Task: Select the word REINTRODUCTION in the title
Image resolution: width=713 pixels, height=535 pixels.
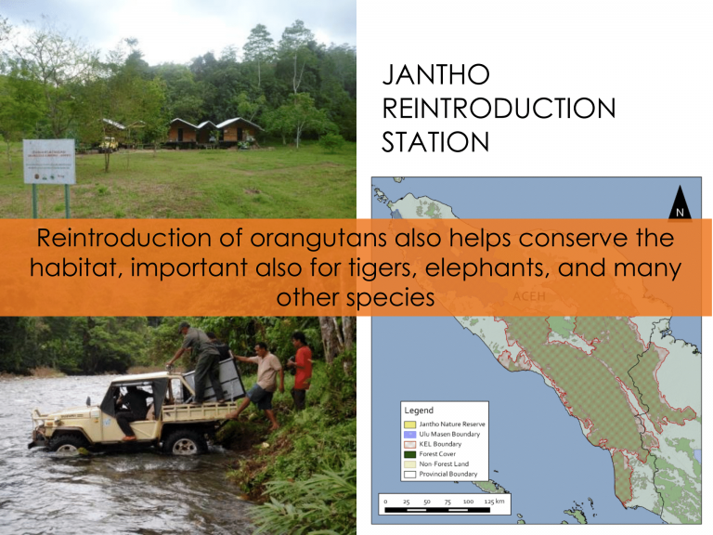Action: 499,110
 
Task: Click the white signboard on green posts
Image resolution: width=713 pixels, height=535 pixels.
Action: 48,163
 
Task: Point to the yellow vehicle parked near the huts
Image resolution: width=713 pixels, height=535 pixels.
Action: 108,141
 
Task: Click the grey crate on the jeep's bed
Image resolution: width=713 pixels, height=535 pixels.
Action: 220,372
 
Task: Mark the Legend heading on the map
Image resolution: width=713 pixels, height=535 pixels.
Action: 420,410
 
